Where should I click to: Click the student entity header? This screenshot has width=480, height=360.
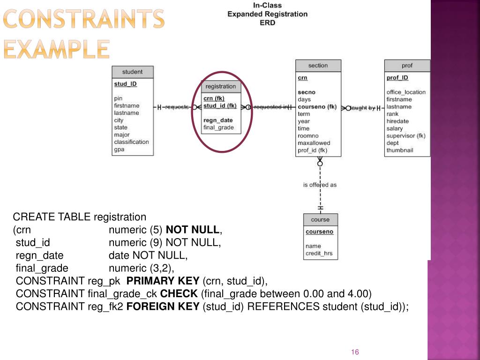pyautogui.click(x=132, y=72)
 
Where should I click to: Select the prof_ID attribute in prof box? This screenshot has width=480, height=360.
pyautogui.click(x=397, y=78)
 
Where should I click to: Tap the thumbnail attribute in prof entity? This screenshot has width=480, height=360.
pyautogui.click(x=399, y=150)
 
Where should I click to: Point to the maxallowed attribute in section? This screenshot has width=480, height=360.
pyautogui.click(x=314, y=143)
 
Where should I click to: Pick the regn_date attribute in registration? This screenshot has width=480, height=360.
pyautogui.click(x=218, y=120)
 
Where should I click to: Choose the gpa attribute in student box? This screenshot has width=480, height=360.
pyautogui.click(x=119, y=150)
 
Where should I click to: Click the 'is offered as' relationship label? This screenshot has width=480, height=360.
pyautogui.click(x=320, y=185)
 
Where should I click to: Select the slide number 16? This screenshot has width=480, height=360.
pyautogui.click(x=355, y=352)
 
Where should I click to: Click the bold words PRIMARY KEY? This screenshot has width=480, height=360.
pyautogui.click(x=163, y=281)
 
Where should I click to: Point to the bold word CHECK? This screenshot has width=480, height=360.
pyautogui.click(x=179, y=294)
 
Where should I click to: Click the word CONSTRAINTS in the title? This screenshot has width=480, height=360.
pyautogui.click(x=84, y=19)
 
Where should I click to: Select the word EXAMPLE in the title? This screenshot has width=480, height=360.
pyautogui.click(x=56, y=49)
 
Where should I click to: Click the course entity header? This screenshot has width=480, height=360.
pyautogui.click(x=320, y=220)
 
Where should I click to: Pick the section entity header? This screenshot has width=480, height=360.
pyautogui.click(x=318, y=66)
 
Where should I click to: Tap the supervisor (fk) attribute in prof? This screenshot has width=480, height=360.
pyautogui.click(x=405, y=136)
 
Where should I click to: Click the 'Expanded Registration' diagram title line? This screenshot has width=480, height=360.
pyautogui.click(x=267, y=14)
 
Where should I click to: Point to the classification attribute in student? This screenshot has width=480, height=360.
pyautogui.click(x=131, y=142)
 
